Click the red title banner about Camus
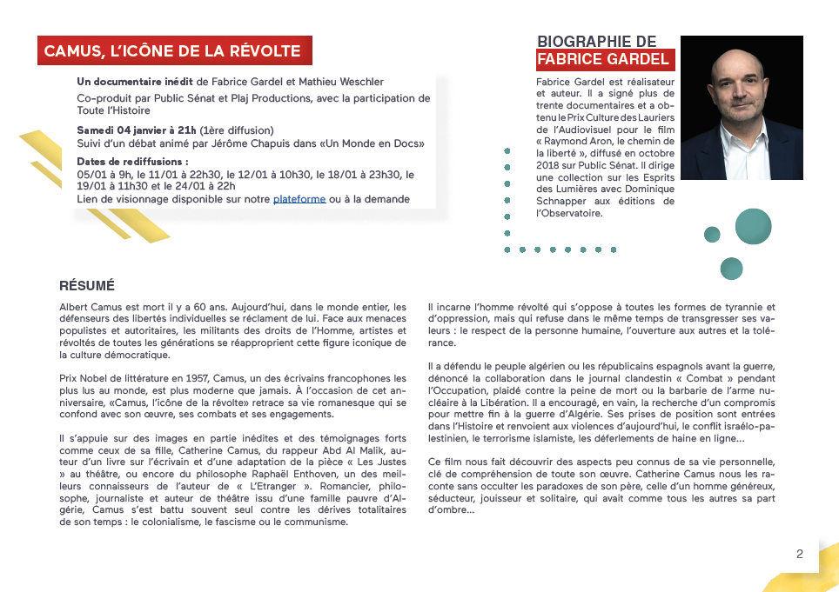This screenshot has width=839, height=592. click(174, 51)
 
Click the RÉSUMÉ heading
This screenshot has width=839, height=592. click(87, 286)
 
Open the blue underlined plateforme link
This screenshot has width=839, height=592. click(299, 199)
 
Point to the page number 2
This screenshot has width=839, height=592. click(799, 554)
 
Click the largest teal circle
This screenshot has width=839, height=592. click(753, 226)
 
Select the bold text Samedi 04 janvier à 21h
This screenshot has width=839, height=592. click(137, 130)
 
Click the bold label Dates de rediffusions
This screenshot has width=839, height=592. click(132, 162)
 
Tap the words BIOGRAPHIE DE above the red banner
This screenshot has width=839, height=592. click(596, 42)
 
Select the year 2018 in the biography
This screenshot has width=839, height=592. click(549, 164)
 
